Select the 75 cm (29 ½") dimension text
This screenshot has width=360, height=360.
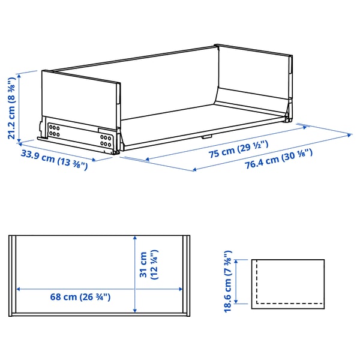pos(238,149)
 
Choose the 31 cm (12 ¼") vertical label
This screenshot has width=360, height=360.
pos(148,265)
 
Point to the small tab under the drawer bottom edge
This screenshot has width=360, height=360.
pos(205,136)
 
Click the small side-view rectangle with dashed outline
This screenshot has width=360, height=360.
pos(287,281)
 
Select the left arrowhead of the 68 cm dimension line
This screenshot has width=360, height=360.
pos(19,289)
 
